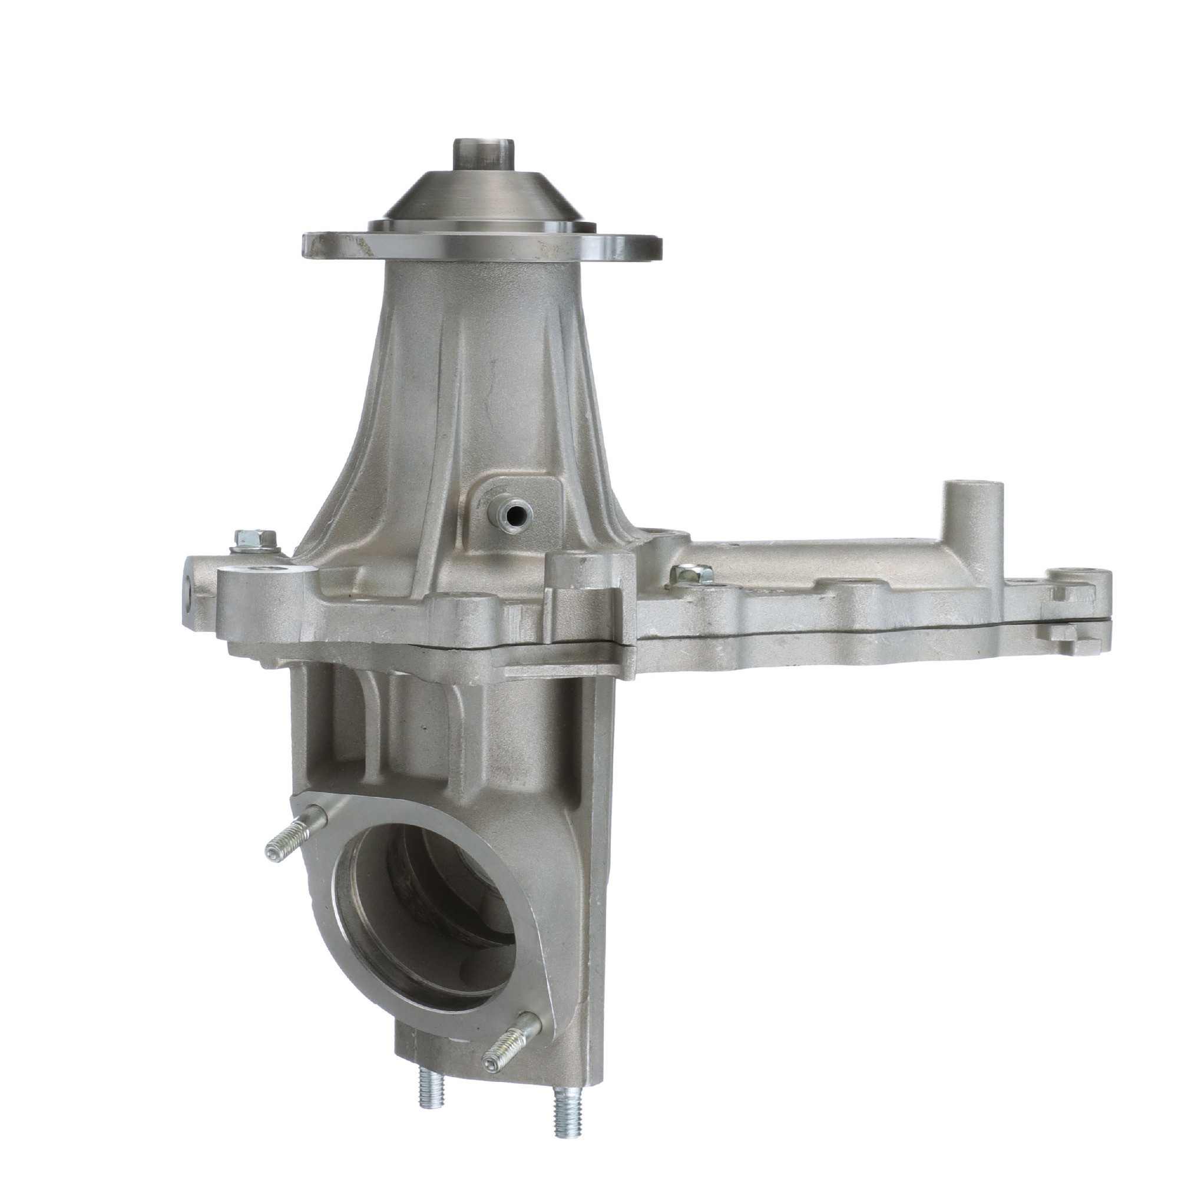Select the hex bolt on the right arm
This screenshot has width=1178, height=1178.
pos(691,574)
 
